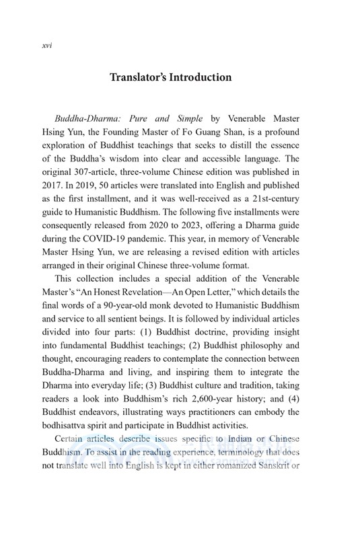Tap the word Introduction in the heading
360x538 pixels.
click(208, 77)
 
